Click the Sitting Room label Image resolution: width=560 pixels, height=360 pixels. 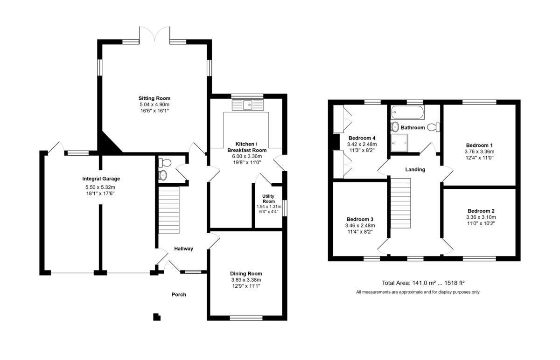(x=154, y=98)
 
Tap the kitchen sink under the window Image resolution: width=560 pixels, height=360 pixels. (x=248, y=105)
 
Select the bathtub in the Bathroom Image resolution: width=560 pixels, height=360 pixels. (x=408, y=112)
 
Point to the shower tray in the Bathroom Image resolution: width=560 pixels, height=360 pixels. (x=399, y=143)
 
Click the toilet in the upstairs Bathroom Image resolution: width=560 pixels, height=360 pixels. (x=434, y=127)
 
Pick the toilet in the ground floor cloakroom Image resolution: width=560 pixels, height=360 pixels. (x=165, y=163)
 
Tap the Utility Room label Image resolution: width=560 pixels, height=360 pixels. (x=268, y=199)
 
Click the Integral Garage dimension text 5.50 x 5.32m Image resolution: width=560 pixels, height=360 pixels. (x=100, y=187)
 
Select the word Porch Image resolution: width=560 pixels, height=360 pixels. (x=179, y=295)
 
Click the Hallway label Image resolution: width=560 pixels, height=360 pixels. (x=184, y=249)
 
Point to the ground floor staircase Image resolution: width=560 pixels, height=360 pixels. (x=169, y=210)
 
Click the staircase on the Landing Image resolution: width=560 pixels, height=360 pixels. (x=400, y=203)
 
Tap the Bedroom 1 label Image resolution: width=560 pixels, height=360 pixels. (x=480, y=145)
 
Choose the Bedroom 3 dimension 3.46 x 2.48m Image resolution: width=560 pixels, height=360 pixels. (x=360, y=226)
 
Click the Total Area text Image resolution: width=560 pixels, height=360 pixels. (x=423, y=283)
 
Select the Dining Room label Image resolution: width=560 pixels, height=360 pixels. (x=246, y=274)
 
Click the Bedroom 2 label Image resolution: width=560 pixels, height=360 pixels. (x=481, y=211)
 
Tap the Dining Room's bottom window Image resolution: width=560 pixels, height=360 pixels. (x=246, y=318)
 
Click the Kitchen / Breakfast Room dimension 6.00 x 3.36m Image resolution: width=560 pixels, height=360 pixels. (x=247, y=156)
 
